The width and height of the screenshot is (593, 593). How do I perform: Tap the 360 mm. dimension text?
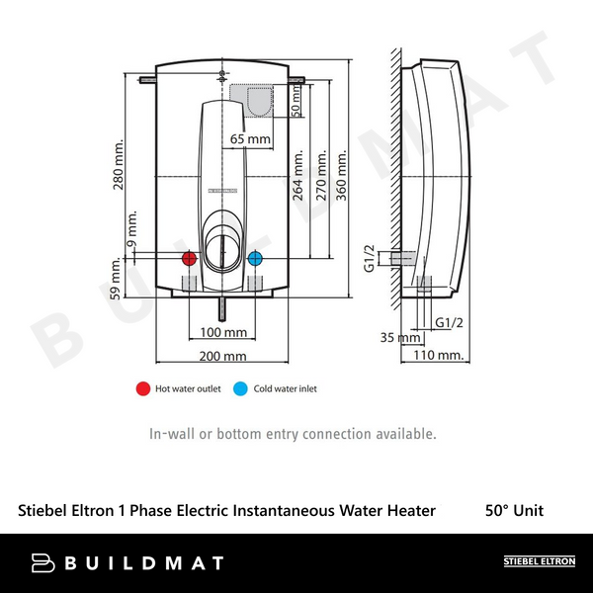(x=343, y=176)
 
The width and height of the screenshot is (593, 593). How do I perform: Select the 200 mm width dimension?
(x=222, y=356)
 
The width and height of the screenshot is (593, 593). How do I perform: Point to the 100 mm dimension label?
(x=223, y=331)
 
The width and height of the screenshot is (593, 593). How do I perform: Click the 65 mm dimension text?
(x=250, y=139)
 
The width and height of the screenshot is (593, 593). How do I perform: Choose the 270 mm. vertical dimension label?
(x=320, y=176)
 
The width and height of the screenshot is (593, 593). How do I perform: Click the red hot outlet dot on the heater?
(x=189, y=259)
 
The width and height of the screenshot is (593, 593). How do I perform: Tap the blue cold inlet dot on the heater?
(x=255, y=259)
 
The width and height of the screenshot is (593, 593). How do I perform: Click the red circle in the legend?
(x=142, y=388)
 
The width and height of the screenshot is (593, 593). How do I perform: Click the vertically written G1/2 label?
(x=369, y=258)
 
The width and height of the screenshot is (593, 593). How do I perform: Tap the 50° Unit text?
(x=514, y=511)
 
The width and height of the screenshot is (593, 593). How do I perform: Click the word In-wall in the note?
(x=171, y=434)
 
